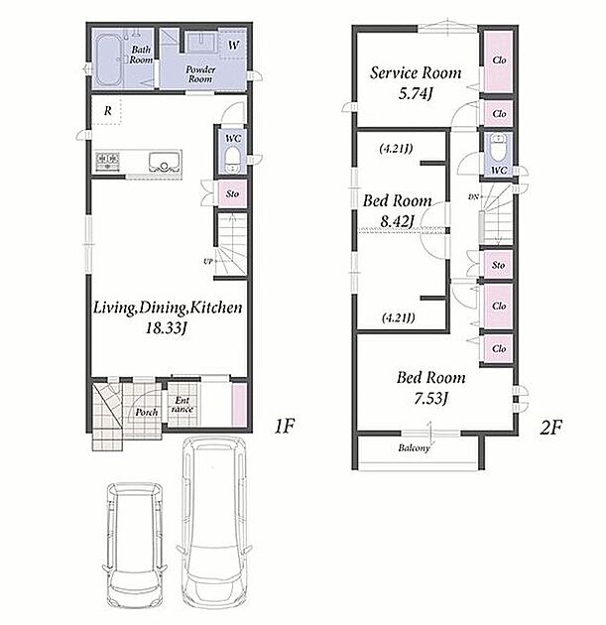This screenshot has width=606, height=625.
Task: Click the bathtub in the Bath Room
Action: [x=109, y=61]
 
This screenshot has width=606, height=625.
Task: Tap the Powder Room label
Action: [x=200, y=74]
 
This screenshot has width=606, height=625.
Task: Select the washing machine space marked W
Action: [x=233, y=45]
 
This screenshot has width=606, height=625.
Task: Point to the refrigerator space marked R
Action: [x=107, y=110]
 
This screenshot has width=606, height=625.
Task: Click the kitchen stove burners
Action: [x=107, y=162]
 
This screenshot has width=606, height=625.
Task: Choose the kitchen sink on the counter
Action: [x=165, y=163]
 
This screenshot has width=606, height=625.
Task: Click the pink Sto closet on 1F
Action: [x=233, y=193]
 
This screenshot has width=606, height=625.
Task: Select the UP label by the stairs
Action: [x=207, y=262]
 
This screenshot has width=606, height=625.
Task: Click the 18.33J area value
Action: [x=166, y=328]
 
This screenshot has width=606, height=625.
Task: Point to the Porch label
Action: [x=147, y=412]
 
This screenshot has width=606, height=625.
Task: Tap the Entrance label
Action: [x=182, y=404]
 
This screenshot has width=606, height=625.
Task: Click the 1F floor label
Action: [x=284, y=427]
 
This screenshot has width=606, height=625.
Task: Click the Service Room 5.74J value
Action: [x=416, y=93]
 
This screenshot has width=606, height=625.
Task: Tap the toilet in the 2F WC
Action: [x=498, y=148]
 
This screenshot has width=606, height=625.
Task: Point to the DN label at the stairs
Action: [x=473, y=196]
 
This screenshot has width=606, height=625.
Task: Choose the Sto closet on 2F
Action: [x=499, y=265]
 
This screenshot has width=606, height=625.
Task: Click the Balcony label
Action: [x=414, y=448]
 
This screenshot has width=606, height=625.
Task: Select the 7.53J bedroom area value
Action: [x=431, y=398]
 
